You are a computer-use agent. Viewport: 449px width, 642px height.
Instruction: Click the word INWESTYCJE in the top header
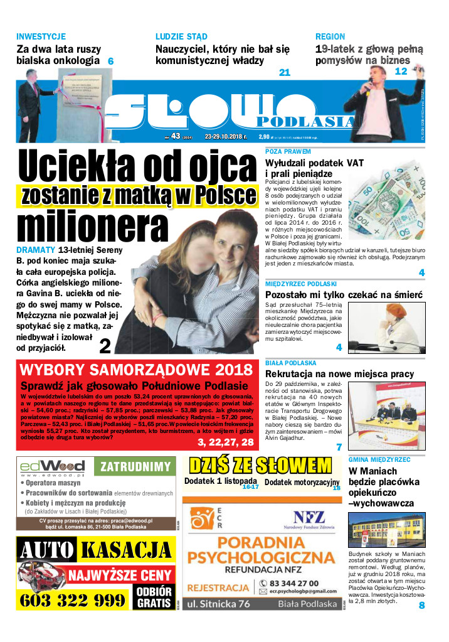41,36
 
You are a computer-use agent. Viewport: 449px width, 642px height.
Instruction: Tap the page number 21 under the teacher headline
285,73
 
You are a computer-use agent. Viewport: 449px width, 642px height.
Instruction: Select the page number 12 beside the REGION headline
401,72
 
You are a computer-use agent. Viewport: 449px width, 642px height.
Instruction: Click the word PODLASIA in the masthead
305,121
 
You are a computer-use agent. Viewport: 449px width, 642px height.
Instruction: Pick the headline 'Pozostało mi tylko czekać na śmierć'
344,294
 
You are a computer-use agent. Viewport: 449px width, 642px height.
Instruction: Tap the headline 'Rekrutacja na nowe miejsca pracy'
339,374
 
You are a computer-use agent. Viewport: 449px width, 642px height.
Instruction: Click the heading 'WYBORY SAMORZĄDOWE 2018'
135,370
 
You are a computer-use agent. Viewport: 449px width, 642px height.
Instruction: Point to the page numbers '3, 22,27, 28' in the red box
226,442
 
